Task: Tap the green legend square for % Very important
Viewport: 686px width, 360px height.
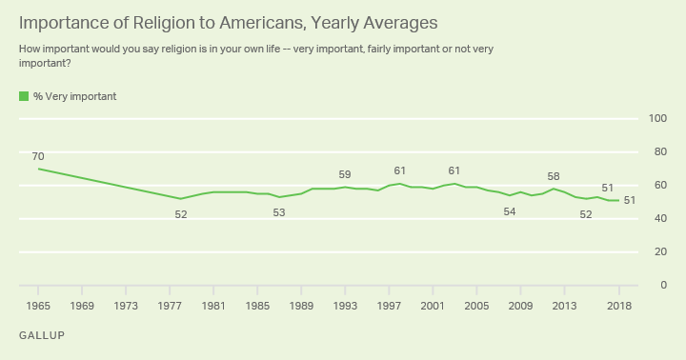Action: tap(23, 96)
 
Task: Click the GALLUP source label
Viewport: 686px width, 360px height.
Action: tap(42, 336)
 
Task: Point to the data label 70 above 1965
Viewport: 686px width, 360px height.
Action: tap(39, 156)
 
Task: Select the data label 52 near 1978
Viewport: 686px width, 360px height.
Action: tap(181, 214)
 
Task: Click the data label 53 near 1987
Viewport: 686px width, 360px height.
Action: tap(279, 212)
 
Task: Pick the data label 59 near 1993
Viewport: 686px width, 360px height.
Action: tap(345, 174)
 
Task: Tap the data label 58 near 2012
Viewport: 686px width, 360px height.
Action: tap(554, 176)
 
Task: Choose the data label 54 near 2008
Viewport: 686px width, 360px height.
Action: tap(510, 211)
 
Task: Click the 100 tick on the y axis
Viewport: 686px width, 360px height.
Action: tap(656, 118)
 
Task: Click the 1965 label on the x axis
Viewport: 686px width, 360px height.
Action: tap(39, 306)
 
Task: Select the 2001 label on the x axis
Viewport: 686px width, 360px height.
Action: tap(433, 306)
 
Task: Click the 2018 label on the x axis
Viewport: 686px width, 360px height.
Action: tap(618, 306)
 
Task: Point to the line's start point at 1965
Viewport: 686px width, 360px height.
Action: tap(39, 169)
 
